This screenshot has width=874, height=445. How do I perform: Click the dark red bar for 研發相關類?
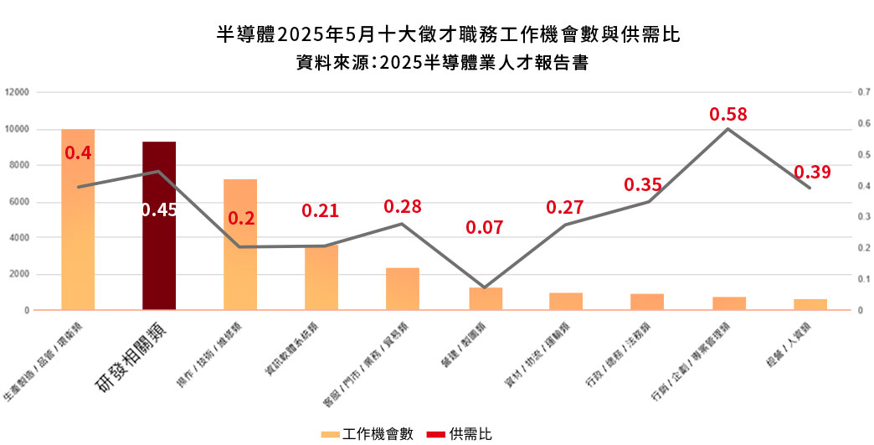point(159,226)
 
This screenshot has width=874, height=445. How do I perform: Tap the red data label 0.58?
point(727,114)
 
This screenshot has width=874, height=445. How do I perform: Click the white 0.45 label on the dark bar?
point(159,210)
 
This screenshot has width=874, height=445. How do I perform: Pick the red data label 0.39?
point(812,172)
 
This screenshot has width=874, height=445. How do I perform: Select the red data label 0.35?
point(643,185)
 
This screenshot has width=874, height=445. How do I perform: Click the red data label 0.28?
point(403,206)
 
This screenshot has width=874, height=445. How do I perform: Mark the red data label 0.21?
point(321,210)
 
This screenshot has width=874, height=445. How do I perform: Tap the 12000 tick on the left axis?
point(16,92)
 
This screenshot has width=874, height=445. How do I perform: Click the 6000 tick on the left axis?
point(18,202)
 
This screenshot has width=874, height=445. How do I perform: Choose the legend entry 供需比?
point(460,433)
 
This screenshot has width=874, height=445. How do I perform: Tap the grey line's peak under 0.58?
point(727,128)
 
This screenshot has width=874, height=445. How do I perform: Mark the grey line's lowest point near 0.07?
point(485,287)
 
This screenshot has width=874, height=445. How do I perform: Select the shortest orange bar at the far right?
point(810,304)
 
